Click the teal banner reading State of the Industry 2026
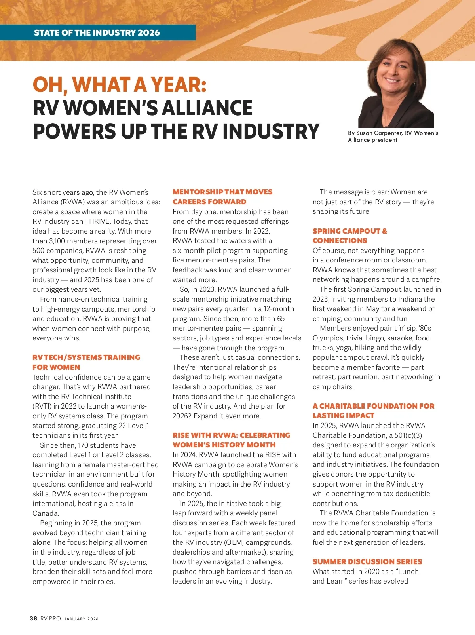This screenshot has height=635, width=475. (x=97, y=32)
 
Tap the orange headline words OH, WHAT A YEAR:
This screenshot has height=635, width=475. (x=120, y=84)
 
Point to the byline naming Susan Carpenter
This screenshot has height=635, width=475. (x=393, y=136)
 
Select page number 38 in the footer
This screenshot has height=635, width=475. (x=34, y=618)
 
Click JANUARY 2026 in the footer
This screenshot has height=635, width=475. (x=81, y=619)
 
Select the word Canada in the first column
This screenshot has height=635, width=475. (x=46, y=513)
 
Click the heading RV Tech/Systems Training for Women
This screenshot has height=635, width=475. (x=86, y=362)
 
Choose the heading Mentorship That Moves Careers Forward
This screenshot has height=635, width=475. (x=222, y=197)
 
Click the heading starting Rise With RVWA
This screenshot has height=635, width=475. (x=231, y=440)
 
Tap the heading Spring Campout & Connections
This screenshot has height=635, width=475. (x=350, y=236)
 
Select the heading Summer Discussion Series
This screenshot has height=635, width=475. (x=367, y=561)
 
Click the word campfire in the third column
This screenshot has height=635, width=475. (x=426, y=279)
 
